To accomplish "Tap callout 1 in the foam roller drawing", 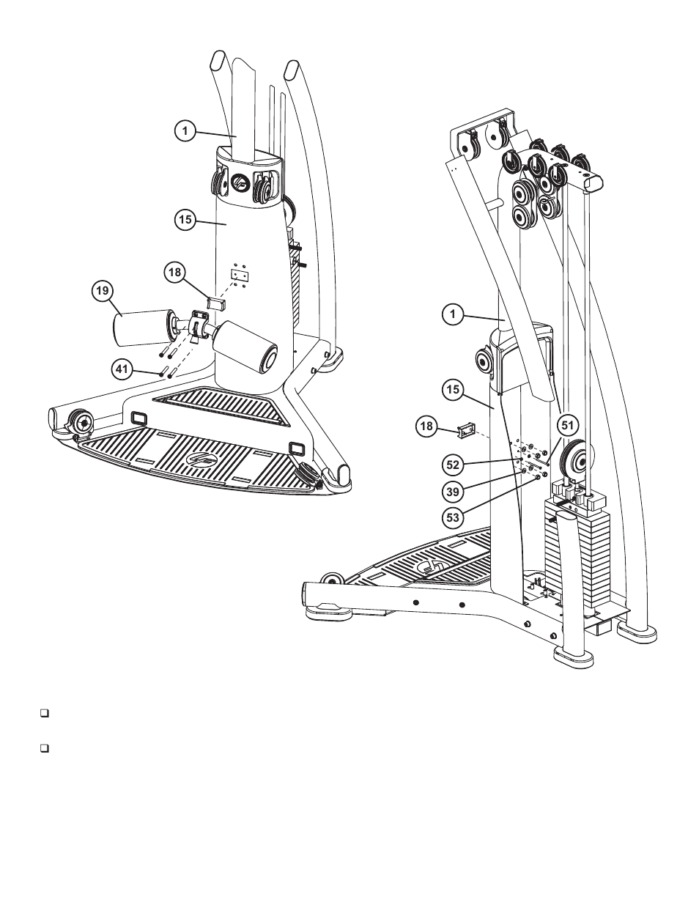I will click(x=186, y=131).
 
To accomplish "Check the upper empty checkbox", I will click(x=45, y=712).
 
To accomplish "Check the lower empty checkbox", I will click(x=45, y=749).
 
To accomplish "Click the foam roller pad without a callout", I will click(x=246, y=347).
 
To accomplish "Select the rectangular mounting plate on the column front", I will click(x=239, y=275).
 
